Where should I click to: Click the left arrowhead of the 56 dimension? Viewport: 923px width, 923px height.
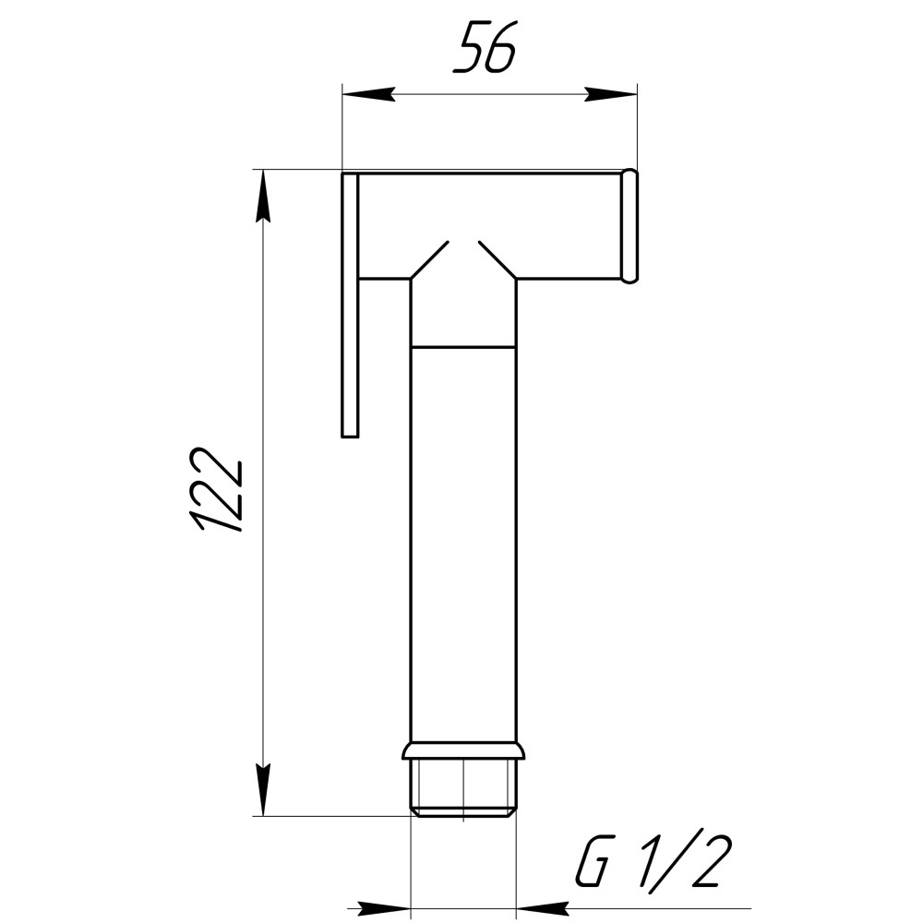click(x=367, y=94)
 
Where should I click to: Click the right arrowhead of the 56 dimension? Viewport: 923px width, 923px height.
click(x=611, y=94)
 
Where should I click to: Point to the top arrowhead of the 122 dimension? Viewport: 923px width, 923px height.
click(x=263, y=197)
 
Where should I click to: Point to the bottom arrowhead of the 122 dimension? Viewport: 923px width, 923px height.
click(x=263, y=789)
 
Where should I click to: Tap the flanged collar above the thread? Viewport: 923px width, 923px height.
click(x=463, y=750)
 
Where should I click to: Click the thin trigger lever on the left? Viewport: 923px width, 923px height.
click(x=350, y=305)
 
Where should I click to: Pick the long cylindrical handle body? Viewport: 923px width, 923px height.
click(x=463, y=545)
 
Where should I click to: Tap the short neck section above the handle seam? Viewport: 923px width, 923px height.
click(x=463, y=314)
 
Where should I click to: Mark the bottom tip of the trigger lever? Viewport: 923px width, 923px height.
click(x=350, y=432)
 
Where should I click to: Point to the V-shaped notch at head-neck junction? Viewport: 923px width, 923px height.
click(x=463, y=254)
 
